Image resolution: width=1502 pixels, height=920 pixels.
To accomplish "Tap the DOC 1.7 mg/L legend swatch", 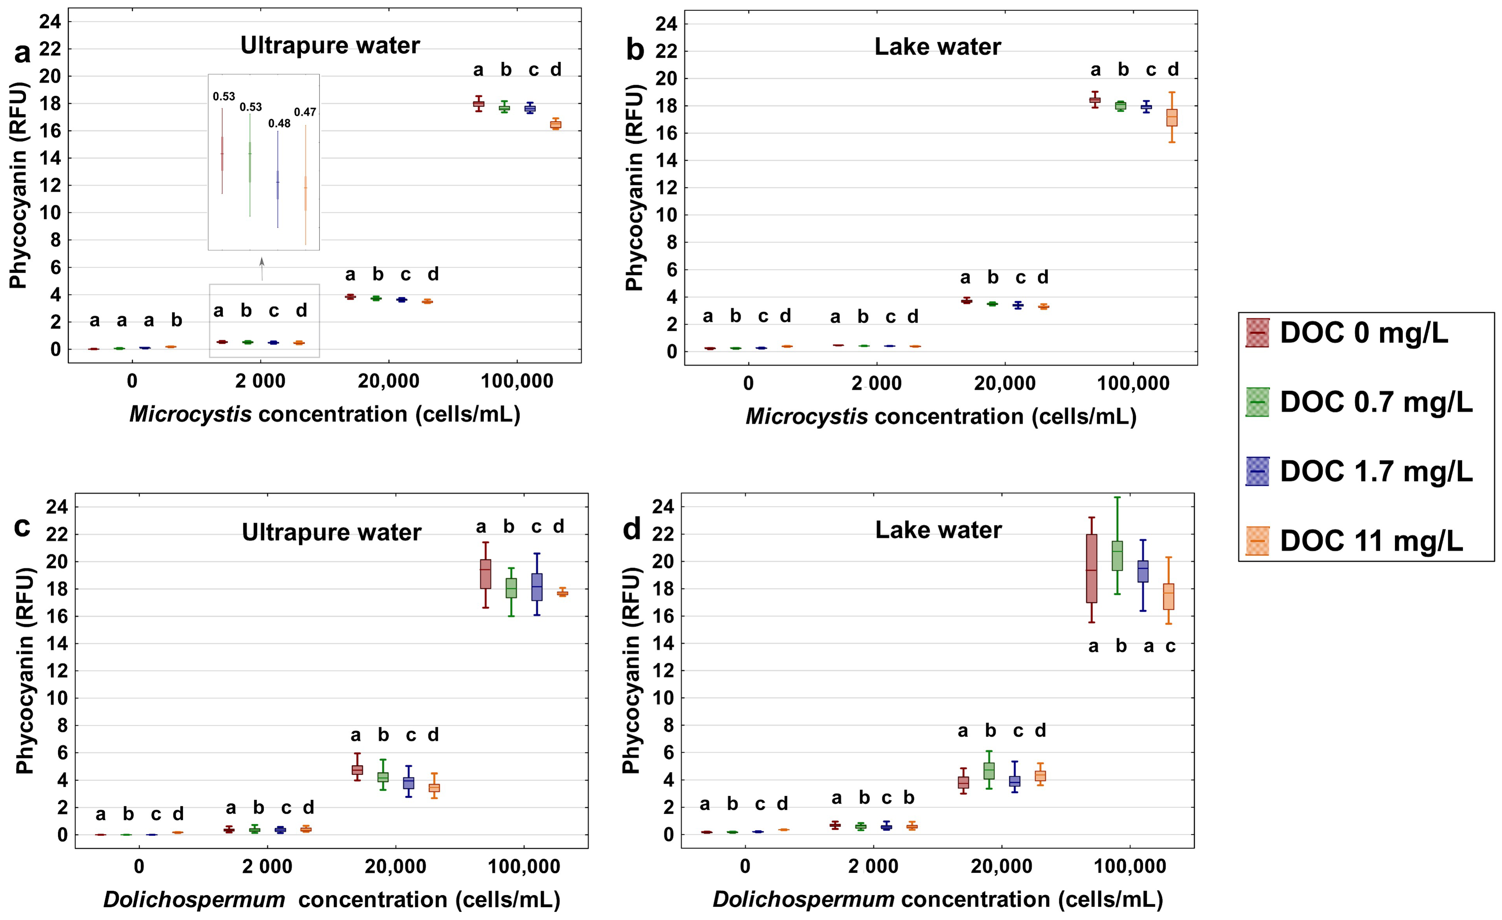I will [x=1257, y=472].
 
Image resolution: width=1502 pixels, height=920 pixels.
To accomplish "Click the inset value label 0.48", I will [x=279, y=124].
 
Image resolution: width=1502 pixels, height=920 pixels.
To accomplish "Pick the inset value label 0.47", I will [x=305, y=112].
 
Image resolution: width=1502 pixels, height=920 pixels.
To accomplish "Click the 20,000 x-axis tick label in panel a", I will [x=388, y=381].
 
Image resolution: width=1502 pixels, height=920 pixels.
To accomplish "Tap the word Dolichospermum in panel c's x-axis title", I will [x=194, y=899].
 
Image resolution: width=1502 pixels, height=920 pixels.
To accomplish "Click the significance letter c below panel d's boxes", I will [x=1170, y=646].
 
